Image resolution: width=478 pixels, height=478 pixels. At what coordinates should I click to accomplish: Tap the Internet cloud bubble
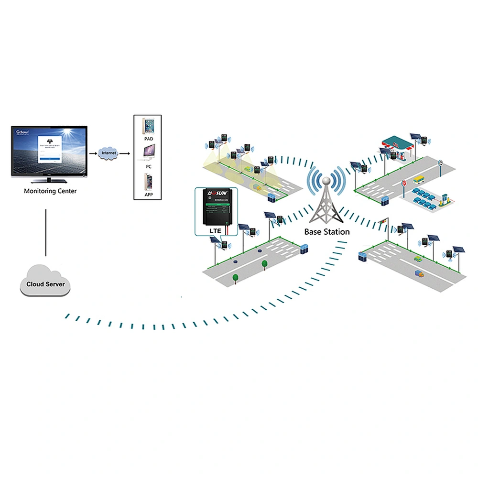109,153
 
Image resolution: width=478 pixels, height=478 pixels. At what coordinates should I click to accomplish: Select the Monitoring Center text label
50,191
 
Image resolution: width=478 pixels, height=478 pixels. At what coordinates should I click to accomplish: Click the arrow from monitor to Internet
92,153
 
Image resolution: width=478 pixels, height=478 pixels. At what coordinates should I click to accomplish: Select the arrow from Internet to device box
125,153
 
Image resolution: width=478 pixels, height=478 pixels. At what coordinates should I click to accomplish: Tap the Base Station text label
327,232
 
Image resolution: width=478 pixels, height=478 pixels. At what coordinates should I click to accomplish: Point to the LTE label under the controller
216,231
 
